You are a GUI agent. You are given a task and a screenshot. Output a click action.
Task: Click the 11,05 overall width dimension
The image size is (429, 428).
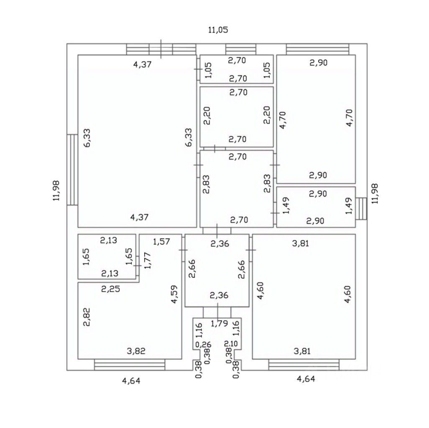(218, 30)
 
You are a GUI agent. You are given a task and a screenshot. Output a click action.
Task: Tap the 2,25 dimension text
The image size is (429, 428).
(110, 289)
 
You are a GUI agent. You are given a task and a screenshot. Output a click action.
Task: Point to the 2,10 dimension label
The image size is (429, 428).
(230, 344)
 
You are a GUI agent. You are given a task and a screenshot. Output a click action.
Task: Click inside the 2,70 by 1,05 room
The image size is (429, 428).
(237, 69)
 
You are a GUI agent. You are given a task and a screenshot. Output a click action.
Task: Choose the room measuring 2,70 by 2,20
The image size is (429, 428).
(237, 116)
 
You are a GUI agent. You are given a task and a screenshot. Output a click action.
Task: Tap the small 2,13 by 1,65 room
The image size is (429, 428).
(107, 256)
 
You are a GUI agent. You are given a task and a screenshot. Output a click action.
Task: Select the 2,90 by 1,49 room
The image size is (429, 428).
(316, 207)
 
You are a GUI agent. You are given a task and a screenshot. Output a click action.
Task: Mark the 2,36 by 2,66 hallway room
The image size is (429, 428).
(217, 270)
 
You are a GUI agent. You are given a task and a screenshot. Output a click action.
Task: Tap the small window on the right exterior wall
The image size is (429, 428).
(362, 208)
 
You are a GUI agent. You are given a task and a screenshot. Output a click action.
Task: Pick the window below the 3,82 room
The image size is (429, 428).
(130, 365)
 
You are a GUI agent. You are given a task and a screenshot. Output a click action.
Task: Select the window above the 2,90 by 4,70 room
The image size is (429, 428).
(317, 49)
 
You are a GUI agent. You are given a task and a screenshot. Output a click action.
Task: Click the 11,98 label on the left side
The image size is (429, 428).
(56, 191)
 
